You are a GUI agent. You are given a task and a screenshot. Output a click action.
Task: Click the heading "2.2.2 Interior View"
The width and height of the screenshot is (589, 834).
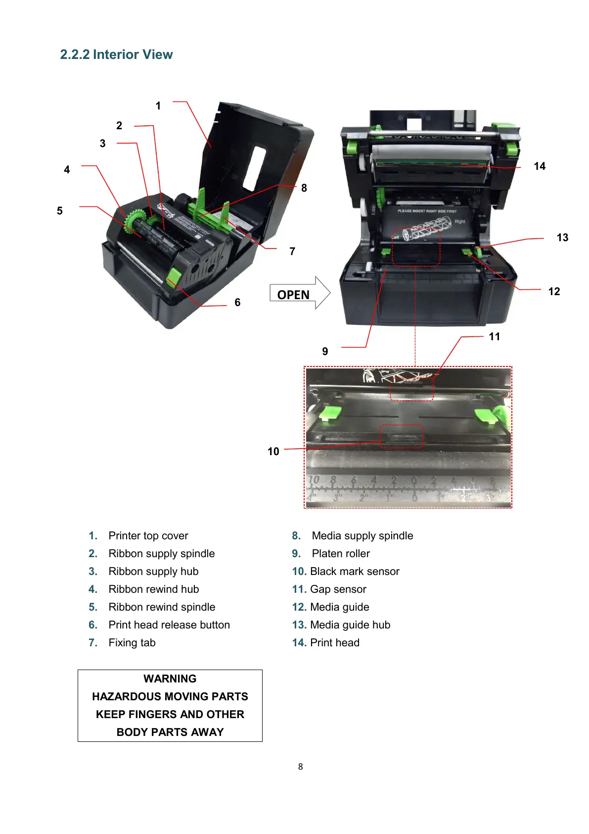pyautogui.click(x=116, y=54)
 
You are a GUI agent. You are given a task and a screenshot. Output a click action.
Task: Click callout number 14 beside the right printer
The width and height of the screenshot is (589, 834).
pyautogui.click(x=540, y=166)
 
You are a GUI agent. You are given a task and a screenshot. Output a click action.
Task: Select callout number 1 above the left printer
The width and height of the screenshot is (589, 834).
pyautogui.click(x=158, y=106)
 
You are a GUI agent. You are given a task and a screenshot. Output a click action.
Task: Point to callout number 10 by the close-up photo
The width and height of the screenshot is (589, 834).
pyautogui.click(x=273, y=452)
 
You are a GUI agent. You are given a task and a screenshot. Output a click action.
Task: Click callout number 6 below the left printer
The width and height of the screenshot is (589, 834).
pyautogui.click(x=237, y=303)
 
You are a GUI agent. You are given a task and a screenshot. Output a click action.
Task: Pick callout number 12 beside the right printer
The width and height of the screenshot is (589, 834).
pyautogui.click(x=554, y=292)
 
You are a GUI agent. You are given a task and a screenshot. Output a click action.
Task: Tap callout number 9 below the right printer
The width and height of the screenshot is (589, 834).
pyautogui.click(x=325, y=352)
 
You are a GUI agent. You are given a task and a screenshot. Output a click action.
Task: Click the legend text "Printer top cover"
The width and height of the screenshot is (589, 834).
pyautogui.click(x=148, y=536)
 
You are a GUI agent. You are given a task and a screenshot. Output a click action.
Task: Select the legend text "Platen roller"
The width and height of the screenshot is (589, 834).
pyautogui.click(x=341, y=554)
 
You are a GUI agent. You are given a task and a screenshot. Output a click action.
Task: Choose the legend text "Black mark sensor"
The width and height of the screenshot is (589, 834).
pyautogui.click(x=355, y=572)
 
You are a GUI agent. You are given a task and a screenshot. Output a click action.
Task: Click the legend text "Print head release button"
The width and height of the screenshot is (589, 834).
pyautogui.click(x=169, y=625)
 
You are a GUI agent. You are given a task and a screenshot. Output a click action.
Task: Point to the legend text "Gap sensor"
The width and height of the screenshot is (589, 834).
pyautogui.click(x=338, y=589)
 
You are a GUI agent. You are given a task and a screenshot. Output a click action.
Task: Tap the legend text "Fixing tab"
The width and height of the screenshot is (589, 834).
pyautogui.click(x=132, y=643)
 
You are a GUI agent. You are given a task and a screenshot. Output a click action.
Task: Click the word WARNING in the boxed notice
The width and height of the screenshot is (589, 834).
pyautogui.click(x=170, y=679)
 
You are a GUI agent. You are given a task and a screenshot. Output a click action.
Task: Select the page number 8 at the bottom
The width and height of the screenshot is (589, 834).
pyautogui.click(x=300, y=767)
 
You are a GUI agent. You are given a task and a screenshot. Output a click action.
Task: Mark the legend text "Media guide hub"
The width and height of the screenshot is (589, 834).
pyautogui.click(x=350, y=625)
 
